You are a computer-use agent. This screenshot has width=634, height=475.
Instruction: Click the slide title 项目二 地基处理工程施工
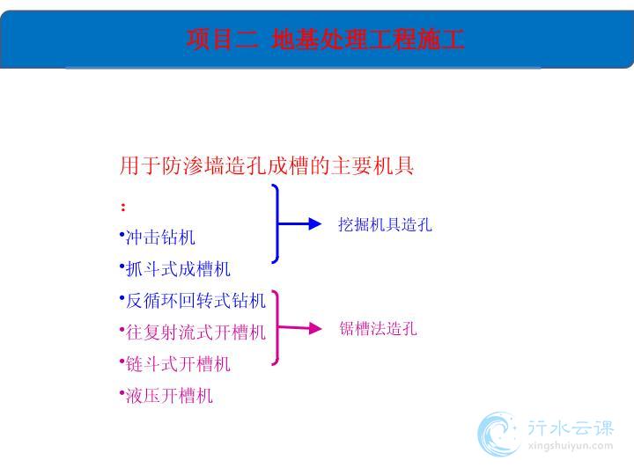click(x=325, y=40)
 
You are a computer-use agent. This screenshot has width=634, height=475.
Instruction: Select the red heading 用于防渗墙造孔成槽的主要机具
click(x=267, y=165)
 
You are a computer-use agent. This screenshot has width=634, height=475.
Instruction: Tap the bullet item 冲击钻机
click(x=160, y=237)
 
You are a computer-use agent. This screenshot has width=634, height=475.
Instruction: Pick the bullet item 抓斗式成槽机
click(x=178, y=269)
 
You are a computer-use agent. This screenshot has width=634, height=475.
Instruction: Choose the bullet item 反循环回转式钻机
click(x=195, y=301)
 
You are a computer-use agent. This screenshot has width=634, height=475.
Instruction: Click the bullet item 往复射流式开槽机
click(x=195, y=332)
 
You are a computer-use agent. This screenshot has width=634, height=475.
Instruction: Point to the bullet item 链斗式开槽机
click(x=178, y=364)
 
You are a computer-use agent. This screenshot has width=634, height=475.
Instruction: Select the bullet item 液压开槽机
click(x=169, y=396)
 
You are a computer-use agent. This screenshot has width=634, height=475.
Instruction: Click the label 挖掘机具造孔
click(x=385, y=224)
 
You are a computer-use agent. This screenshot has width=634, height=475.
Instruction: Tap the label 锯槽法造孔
click(x=378, y=329)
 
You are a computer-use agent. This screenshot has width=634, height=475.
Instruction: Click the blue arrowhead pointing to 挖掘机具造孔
click(x=314, y=223)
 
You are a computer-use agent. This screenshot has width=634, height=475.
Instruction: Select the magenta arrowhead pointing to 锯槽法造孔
click(x=314, y=328)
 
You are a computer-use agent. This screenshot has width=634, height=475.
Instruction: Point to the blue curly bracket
click(x=277, y=223)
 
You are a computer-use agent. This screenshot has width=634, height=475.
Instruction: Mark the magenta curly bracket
click(x=277, y=328)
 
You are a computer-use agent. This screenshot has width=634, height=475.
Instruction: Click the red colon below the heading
click(x=123, y=207)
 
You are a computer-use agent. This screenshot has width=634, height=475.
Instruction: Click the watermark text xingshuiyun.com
click(x=571, y=446)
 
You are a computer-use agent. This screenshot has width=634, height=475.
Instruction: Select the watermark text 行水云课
click(x=571, y=427)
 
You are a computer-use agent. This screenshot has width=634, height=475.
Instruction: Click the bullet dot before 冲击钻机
click(x=122, y=233)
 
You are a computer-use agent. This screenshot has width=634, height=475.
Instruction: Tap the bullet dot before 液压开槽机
click(x=122, y=391)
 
